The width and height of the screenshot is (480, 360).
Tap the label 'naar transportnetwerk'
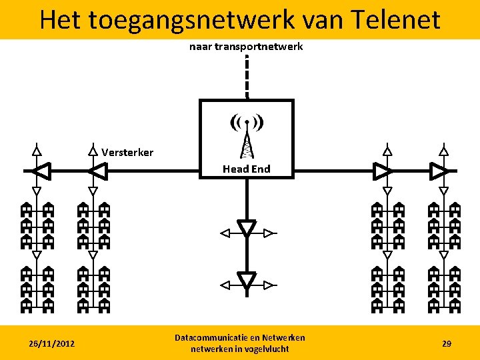246,47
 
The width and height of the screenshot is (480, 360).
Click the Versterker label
127,153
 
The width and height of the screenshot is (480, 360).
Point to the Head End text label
247,169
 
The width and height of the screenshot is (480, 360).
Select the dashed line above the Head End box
247,77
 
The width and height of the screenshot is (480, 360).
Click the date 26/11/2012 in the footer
51,343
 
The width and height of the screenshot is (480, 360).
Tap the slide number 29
447,343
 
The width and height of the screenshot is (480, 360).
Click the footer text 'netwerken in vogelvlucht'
240,349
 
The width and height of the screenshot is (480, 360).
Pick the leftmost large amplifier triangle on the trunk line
41,171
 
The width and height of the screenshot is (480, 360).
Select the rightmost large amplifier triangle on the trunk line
439,171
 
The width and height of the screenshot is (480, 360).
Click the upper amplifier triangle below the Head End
247,229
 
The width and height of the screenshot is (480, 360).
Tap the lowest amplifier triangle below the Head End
247,281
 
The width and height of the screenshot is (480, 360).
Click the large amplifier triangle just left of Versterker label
97,171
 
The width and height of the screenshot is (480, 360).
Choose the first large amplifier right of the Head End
383,171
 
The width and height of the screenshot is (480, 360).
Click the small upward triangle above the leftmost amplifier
37,151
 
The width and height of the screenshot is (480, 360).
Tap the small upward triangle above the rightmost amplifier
443,151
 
